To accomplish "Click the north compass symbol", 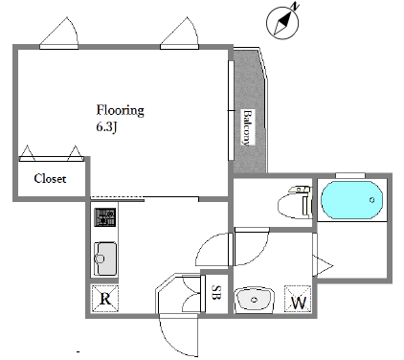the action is point(282,23).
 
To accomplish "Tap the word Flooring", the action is point(121,110).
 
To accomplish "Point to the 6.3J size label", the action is point(106,127).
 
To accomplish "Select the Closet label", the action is point(50,178).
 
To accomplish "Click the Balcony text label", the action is point(248,127).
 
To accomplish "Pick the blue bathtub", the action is point(351,200).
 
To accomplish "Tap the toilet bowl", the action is point(290,207).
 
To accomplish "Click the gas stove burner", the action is point(104,217).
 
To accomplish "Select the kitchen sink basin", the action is point(105,259).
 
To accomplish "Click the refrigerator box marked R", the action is point(105,299).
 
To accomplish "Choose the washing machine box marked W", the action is point(298,299).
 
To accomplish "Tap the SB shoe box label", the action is point(215,292).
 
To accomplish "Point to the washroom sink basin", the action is point(255,300).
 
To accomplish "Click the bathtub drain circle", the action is point(371,200).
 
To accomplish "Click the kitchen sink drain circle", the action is point(100,259).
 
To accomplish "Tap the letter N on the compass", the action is point(296,6).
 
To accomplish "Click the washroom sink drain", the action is point(254,300).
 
